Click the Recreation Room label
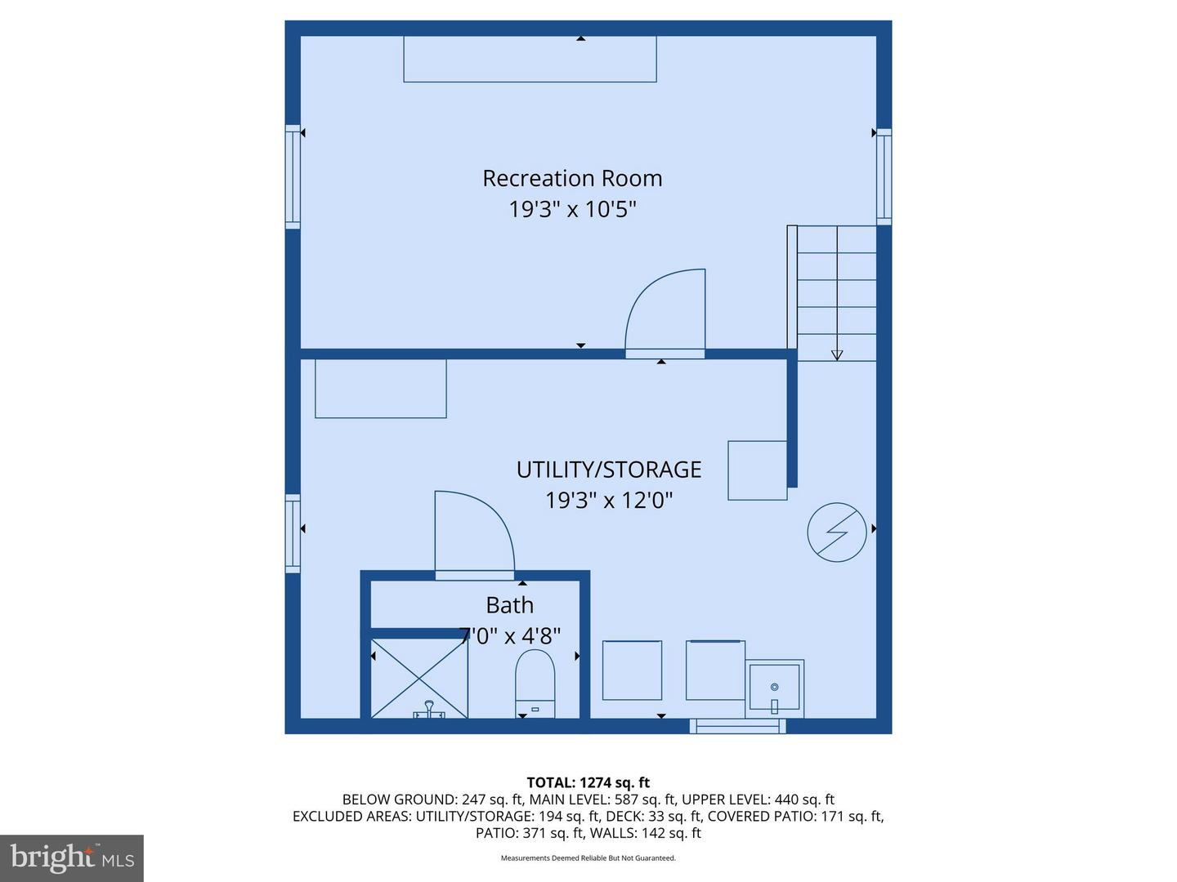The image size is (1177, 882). coord(572,178)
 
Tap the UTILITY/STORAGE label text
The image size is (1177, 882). coord(609,470)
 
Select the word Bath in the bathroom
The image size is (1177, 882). coord(509,605)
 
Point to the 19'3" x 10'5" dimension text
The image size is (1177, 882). coord(572,209)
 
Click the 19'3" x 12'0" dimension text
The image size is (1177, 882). coord(609,501)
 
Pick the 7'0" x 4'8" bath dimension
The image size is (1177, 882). coord(509,636)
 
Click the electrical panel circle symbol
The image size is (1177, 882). coord(836,532)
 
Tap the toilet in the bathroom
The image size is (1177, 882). coord(535,684)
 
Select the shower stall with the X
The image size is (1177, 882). coord(419,678)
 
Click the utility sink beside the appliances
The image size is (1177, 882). coord(774,688)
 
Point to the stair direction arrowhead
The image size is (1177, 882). coord(836,355)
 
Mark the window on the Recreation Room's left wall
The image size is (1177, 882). coord(293,176)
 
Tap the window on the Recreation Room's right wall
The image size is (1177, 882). coord(884,176)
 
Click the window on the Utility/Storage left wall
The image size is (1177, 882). coord(293,533)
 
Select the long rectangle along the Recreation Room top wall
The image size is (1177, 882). coord(530,59)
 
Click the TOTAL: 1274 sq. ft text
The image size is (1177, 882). coord(588,782)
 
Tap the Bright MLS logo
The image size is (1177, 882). coord(72,857)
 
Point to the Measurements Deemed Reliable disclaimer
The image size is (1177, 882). coord(588,857)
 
